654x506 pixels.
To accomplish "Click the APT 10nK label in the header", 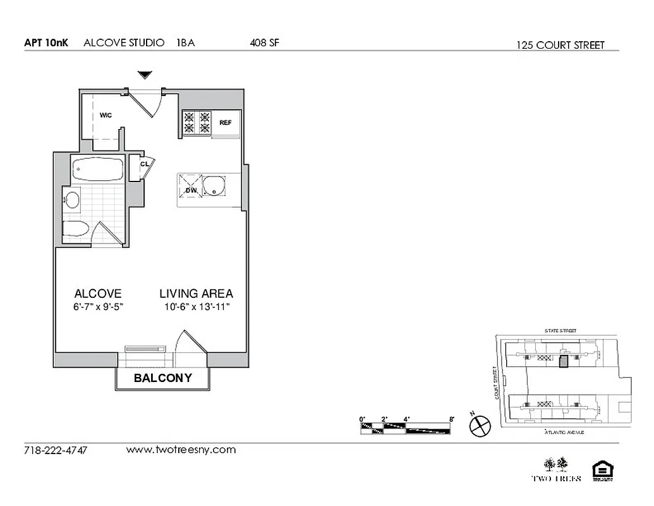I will coord(45,43).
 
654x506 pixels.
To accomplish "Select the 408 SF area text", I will coord(264,43).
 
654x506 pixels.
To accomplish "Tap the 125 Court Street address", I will coord(560,45).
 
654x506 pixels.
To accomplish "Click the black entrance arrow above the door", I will coord(145,75).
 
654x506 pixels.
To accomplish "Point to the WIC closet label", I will coord(106,115).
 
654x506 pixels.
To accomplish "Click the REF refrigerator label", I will coord(226,123).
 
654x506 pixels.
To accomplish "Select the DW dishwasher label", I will coord(191,190).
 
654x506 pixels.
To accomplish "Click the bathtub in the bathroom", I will coord(97,170).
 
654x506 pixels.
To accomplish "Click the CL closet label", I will coord(145,164).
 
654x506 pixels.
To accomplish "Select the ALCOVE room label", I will coord(98,293).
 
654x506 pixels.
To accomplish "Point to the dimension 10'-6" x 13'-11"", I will coord(196,307).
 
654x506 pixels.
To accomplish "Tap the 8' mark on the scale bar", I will coord(451,419).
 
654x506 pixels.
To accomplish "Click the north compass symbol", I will coord(480,425).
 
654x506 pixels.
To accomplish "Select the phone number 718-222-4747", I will coord(56,451).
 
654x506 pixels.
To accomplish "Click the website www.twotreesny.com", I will coord(181,450).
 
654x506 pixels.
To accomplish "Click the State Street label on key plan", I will coord(560,331).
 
